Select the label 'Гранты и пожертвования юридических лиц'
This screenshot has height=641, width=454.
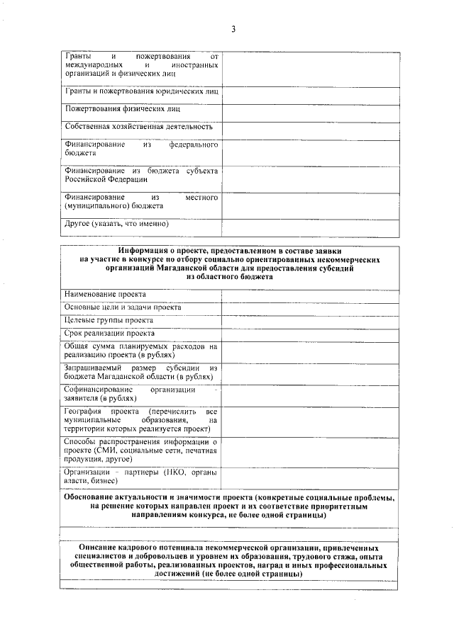point(141,91)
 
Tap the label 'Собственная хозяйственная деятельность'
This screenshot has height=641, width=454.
point(138,127)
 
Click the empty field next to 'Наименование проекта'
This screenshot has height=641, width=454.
point(310,294)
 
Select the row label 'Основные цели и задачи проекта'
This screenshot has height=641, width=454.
point(122,307)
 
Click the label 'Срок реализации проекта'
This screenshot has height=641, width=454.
point(109,333)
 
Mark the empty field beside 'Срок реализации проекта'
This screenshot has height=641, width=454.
point(310,333)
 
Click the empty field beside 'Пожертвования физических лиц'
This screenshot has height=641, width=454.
point(310,110)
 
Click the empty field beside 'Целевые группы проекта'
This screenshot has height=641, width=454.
point(310,320)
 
